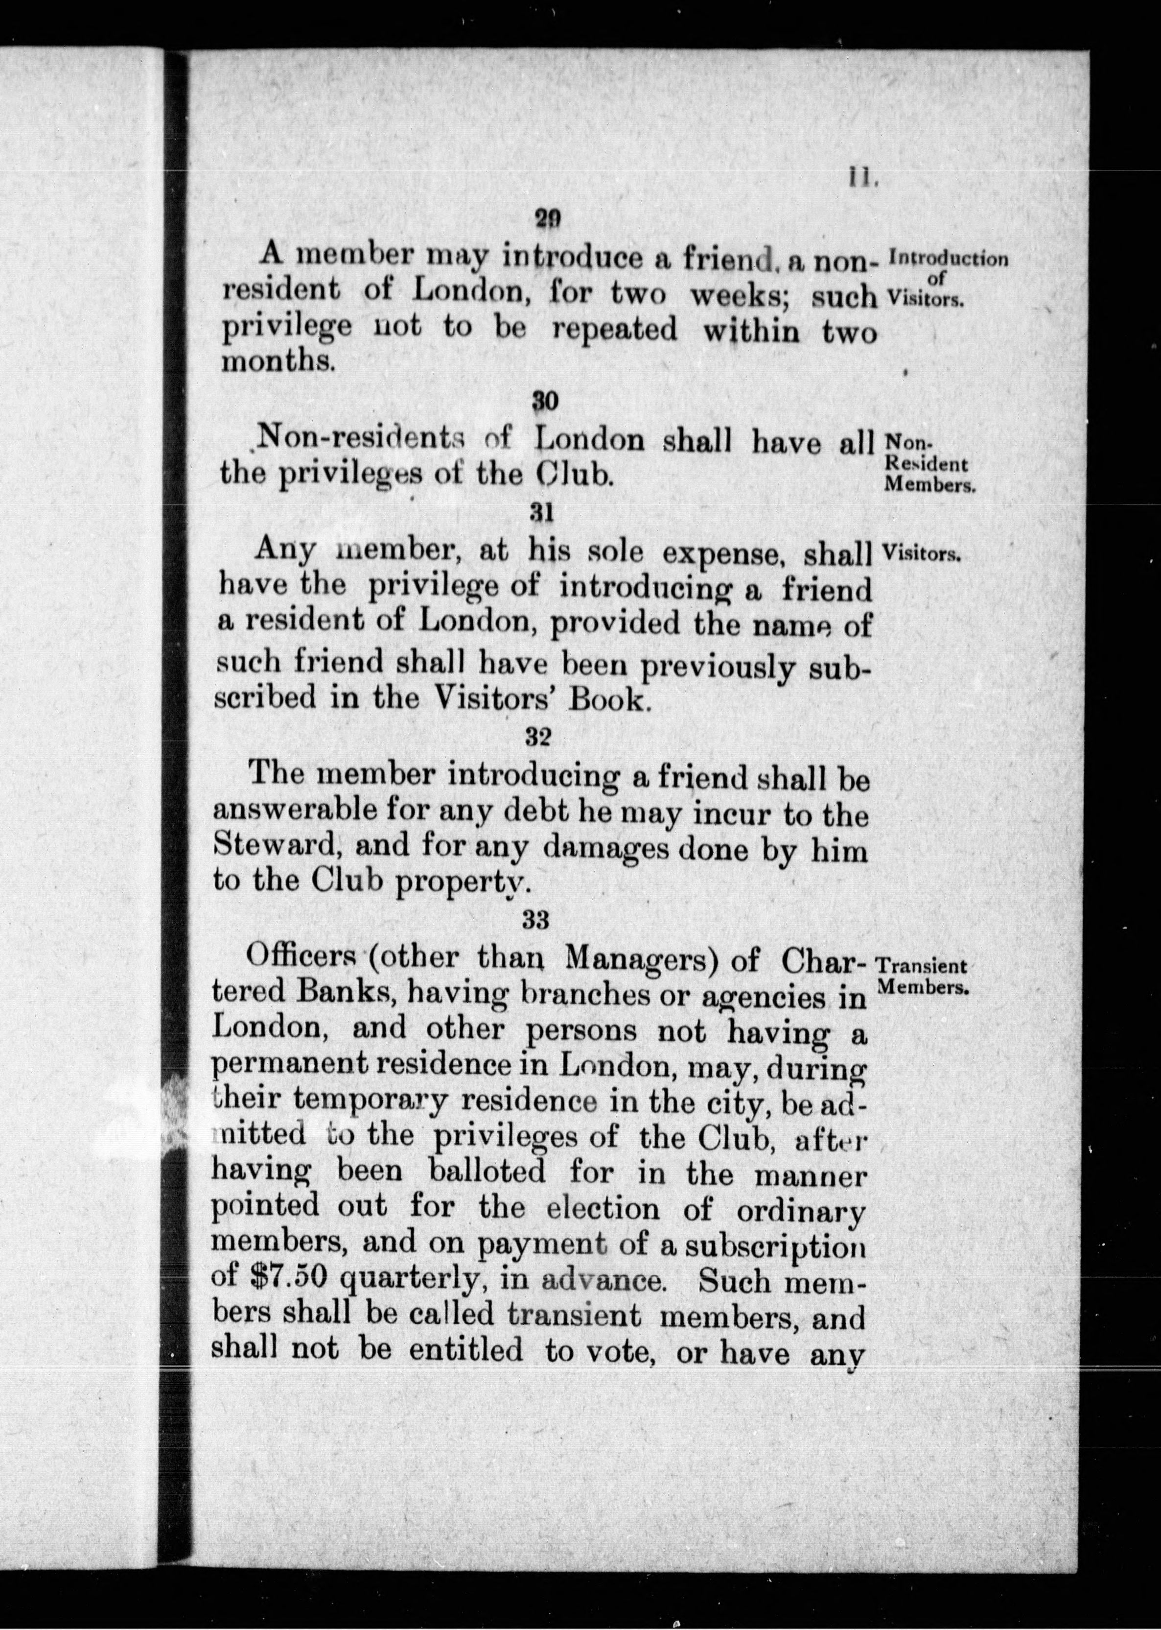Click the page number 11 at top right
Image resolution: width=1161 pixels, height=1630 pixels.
(x=859, y=177)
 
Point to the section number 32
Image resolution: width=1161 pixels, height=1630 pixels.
(x=537, y=737)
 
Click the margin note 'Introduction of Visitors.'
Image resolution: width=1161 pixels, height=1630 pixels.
(x=945, y=279)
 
